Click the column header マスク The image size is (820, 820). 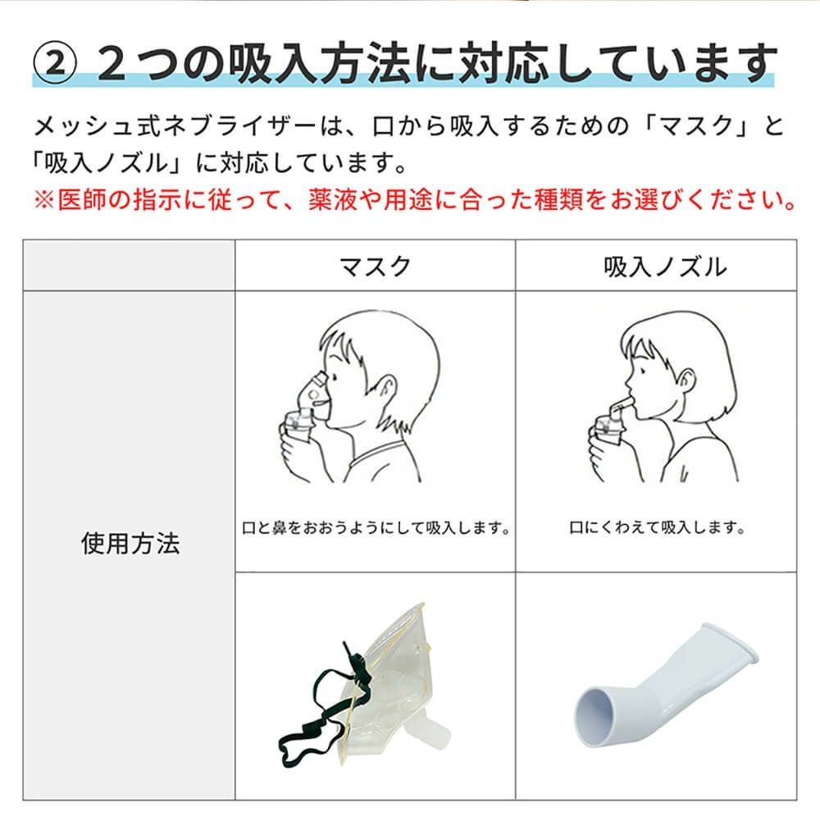(375, 266)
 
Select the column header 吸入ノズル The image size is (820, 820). (654, 266)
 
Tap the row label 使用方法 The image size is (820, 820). (130, 544)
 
